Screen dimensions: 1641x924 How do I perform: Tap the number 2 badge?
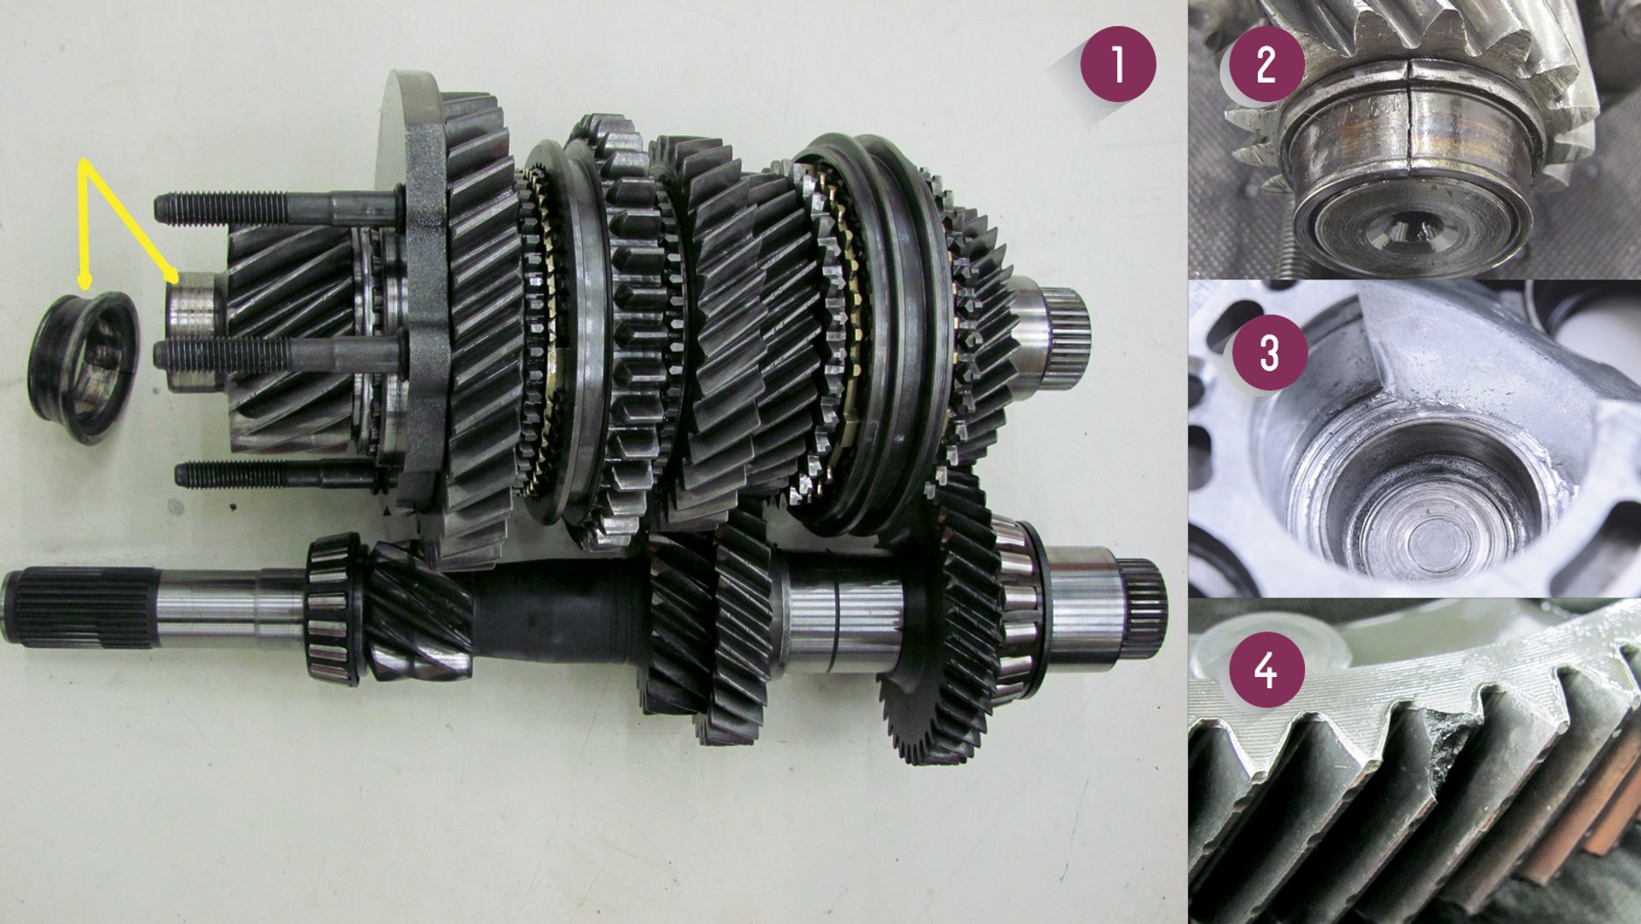[1267, 65]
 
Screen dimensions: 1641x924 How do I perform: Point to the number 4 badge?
[1267, 671]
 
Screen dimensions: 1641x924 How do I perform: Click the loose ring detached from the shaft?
[85, 367]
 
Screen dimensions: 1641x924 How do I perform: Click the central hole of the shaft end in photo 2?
[1407, 229]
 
